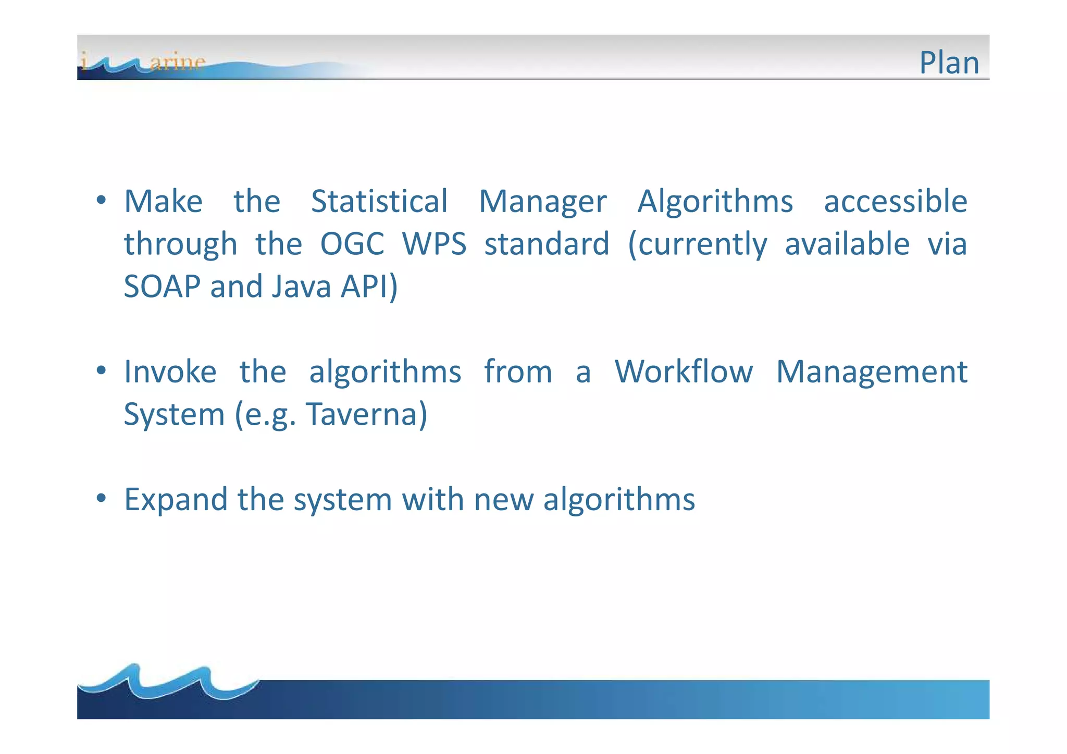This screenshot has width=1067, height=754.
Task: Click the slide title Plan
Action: [949, 63]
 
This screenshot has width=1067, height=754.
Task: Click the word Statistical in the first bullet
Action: [379, 202]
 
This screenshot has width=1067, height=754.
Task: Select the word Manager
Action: [542, 202]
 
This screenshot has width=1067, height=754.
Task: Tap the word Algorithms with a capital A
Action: [715, 202]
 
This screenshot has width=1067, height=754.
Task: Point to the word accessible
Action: [895, 202]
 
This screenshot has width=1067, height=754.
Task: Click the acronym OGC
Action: [352, 244]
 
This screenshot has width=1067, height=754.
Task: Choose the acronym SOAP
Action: [162, 287]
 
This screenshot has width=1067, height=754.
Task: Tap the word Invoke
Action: [170, 372]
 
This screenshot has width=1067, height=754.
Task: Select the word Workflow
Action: [684, 372]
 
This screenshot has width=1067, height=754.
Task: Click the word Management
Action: [872, 372]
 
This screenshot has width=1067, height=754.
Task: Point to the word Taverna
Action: [366, 415]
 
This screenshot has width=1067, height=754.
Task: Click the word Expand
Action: [176, 500]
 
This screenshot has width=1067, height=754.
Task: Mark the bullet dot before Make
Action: [102, 200]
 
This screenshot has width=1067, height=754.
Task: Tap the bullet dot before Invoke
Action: [102, 370]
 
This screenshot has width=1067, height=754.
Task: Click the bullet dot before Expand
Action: [102, 498]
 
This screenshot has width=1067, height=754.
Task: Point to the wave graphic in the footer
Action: [167, 683]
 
